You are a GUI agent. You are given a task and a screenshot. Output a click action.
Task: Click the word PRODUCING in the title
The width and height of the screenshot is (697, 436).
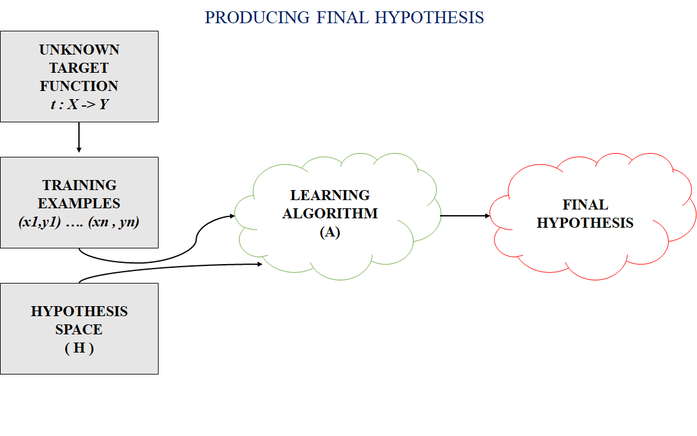click(x=257, y=18)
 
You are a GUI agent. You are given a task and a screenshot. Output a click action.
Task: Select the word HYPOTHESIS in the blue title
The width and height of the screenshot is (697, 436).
click(x=429, y=18)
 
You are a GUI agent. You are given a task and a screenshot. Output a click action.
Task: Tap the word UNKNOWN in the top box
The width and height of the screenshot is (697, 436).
click(x=79, y=50)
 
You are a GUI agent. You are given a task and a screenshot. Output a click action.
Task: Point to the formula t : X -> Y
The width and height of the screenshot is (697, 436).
click(x=79, y=104)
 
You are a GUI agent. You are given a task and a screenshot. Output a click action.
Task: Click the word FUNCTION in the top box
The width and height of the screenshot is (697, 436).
click(x=79, y=86)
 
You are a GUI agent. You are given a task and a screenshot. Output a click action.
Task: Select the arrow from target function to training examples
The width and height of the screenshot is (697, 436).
click(x=79, y=137)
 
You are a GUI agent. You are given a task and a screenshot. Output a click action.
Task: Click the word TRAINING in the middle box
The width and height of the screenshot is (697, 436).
click(x=80, y=185)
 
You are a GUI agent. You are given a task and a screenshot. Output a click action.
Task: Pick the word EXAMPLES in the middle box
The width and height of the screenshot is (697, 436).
click(x=79, y=203)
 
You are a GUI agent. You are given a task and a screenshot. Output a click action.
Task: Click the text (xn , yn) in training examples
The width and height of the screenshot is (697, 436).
click(x=114, y=221)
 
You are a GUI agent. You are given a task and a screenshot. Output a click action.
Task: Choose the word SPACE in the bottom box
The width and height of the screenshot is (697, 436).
click(x=79, y=329)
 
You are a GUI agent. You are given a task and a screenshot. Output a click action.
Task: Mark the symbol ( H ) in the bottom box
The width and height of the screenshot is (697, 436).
click(x=79, y=348)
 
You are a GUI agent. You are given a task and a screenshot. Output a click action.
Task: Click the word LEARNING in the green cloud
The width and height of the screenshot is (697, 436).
click(x=330, y=195)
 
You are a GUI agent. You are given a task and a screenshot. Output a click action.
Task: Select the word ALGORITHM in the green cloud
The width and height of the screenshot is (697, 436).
click(x=330, y=213)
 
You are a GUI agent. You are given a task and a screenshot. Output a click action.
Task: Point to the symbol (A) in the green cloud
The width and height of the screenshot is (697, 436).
click(x=330, y=231)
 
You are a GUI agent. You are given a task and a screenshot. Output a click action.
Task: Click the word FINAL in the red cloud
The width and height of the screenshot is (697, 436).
click(x=585, y=205)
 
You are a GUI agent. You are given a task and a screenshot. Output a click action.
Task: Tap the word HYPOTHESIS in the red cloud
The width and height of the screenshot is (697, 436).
click(x=585, y=223)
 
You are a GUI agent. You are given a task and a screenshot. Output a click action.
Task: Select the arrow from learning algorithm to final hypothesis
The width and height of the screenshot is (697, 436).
click(x=465, y=216)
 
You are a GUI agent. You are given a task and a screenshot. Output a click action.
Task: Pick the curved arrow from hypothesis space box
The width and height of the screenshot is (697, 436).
click(x=169, y=268)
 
